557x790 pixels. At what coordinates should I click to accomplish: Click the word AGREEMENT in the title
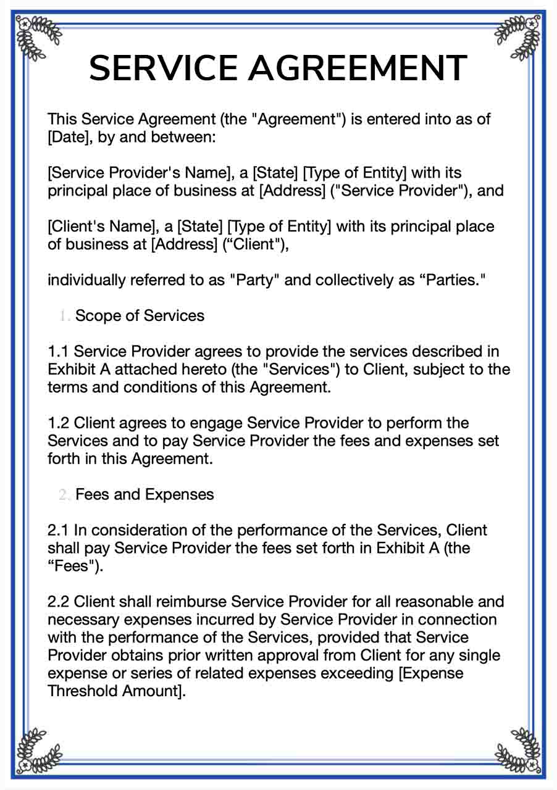358,68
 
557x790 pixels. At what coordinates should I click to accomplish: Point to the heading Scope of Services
140,316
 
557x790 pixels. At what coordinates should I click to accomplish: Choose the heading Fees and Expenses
144,494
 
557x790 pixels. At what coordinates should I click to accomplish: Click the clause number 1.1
58,352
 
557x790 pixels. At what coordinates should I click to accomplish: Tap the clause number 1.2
58,423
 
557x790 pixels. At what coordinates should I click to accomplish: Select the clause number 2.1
58,530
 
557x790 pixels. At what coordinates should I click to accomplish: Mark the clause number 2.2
58,602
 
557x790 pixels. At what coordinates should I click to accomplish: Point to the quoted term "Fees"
73,566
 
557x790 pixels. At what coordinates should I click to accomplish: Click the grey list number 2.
64,495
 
